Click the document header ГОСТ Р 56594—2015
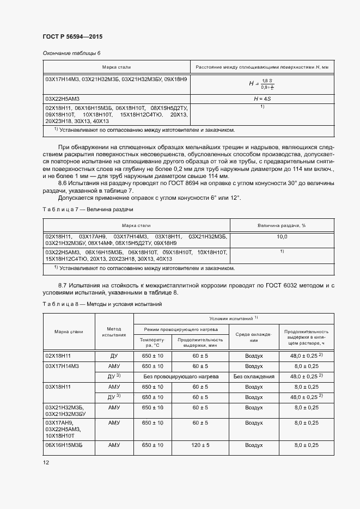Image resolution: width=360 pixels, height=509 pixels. tap(72, 36)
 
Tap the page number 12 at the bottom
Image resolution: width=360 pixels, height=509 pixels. tap(46, 462)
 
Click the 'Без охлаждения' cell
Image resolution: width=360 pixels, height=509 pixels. tap(253, 376)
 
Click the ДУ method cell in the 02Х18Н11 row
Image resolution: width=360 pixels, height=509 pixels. tap(114, 355)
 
